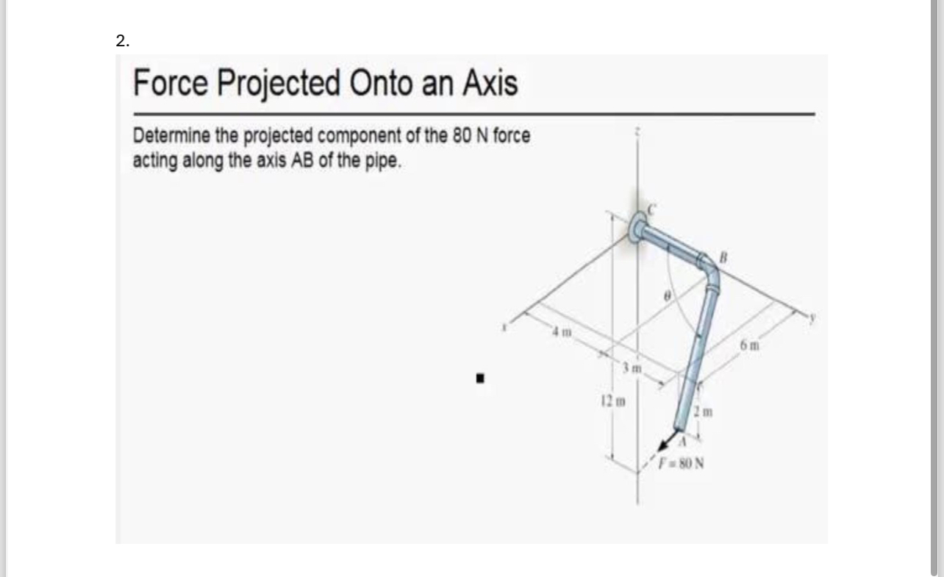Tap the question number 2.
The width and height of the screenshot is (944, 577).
click(122, 42)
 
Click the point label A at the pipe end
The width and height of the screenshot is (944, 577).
click(682, 442)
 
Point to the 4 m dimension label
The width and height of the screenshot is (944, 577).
click(560, 336)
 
